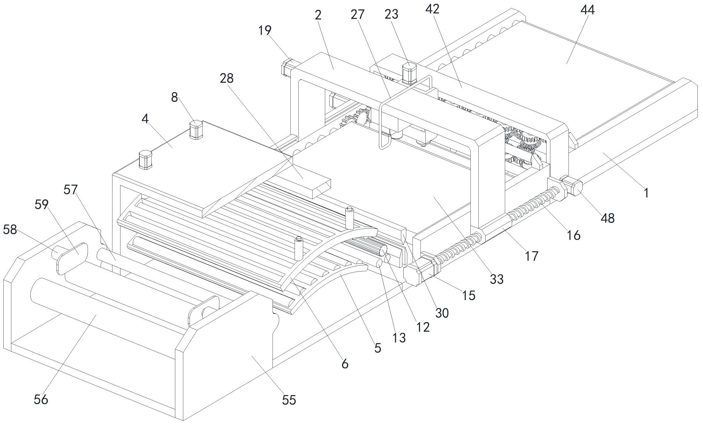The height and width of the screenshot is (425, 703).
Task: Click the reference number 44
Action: (588, 10)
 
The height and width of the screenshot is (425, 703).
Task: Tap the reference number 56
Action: (41, 400)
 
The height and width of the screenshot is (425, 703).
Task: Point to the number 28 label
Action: (227, 78)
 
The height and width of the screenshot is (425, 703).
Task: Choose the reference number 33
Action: (496, 279)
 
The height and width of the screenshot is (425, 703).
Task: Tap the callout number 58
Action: (10, 230)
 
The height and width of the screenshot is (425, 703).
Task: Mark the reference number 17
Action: (532, 256)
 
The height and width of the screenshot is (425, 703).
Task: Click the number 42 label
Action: (432, 9)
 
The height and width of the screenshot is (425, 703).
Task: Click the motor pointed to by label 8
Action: (196, 130)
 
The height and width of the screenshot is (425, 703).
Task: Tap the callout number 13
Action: (398, 338)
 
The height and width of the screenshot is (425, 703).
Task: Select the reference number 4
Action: (145, 119)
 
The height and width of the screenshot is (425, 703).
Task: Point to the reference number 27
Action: (357, 14)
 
